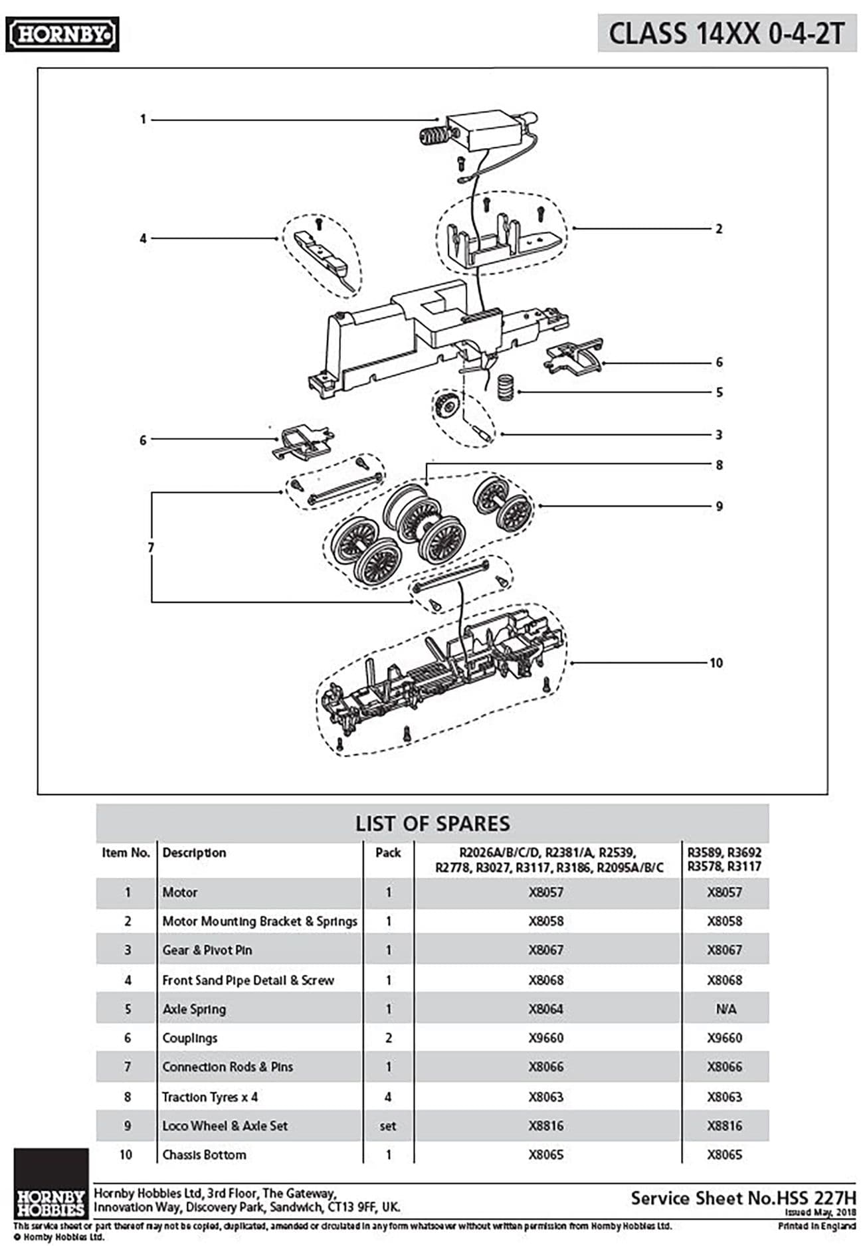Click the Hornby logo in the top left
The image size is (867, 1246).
[x=62, y=35]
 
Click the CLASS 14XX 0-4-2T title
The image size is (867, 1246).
[x=726, y=33]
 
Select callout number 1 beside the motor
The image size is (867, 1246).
[x=143, y=120]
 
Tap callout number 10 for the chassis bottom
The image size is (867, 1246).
[x=716, y=663]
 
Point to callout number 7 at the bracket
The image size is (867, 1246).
[x=151, y=547]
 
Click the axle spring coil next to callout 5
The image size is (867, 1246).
[x=508, y=387]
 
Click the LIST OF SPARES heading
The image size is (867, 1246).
[x=433, y=824]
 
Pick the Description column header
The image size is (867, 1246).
[x=194, y=853]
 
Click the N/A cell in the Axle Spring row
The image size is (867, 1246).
[x=725, y=1009]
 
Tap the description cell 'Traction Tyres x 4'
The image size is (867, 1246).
[x=210, y=1097]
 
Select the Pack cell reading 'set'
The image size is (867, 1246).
[x=388, y=1126]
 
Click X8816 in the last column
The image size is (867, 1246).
[x=724, y=1126]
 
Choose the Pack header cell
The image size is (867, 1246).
[x=388, y=853]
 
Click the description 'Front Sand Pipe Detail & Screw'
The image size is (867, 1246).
[x=248, y=980]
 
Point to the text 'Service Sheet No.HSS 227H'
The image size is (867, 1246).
[x=743, y=1198]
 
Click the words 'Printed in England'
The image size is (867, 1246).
[x=817, y=1226]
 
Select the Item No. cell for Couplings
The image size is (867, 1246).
[x=127, y=1038]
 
